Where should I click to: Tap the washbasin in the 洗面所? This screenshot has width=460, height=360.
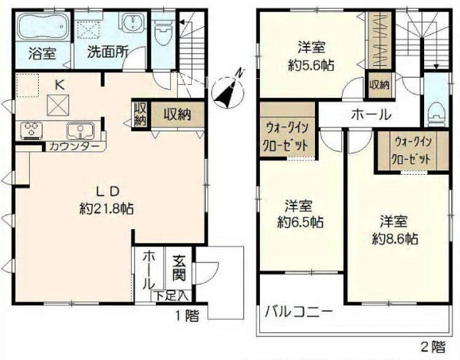click(133, 21)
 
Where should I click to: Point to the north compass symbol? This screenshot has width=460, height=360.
click(228, 89)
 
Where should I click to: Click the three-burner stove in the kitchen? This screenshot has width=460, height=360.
click(31, 130)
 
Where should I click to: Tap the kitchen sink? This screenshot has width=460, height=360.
click(81, 130)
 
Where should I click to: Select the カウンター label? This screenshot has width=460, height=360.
click(74, 146)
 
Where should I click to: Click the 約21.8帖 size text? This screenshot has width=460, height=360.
click(106, 209)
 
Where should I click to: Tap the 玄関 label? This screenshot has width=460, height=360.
click(179, 268)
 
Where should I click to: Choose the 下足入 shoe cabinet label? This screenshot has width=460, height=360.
click(172, 296)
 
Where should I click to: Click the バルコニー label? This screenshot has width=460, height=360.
click(299, 312)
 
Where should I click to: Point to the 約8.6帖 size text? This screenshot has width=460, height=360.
click(395, 239)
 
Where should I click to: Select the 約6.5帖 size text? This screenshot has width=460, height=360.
click(300, 222)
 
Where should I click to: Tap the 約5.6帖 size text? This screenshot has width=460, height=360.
click(311, 65)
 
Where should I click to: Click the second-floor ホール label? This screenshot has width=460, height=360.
click(371, 115)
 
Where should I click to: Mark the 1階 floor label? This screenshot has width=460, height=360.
click(188, 316)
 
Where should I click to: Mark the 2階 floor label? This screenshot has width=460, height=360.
click(434, 347)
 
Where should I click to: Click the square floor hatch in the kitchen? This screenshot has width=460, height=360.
click(58, 105)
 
